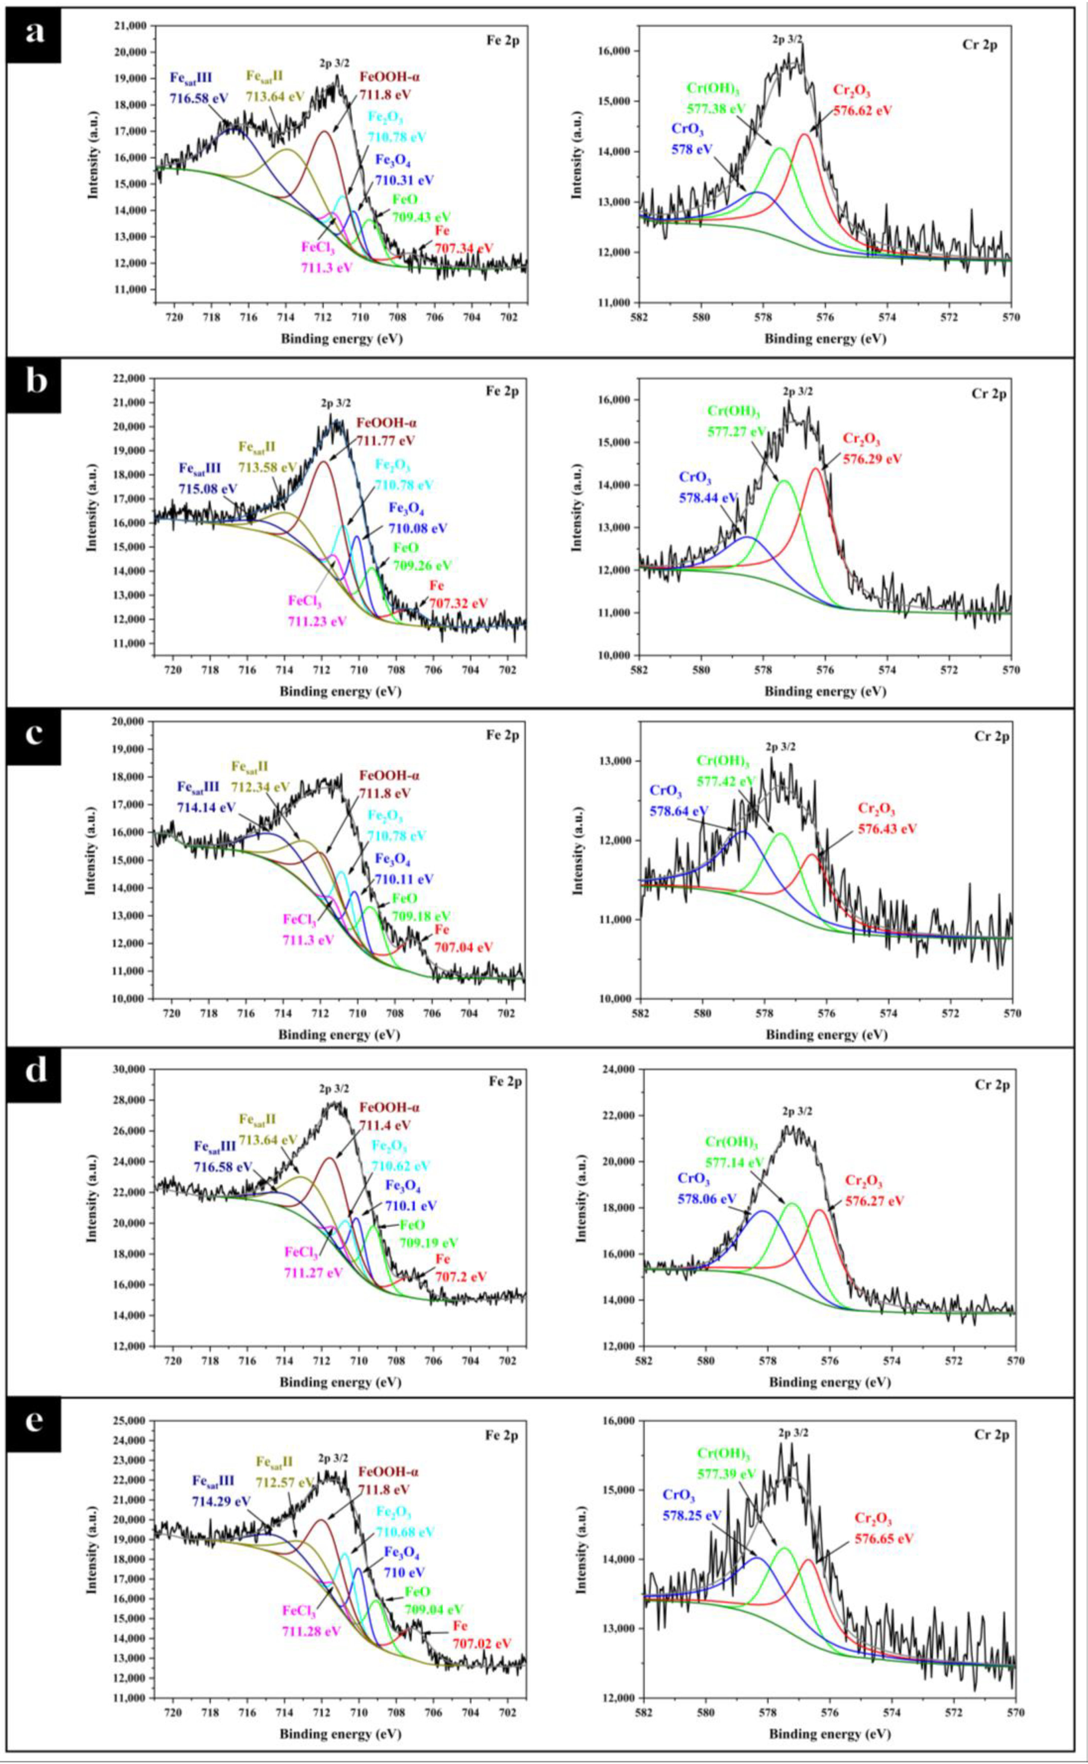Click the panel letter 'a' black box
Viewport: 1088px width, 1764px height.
pyautogui.click(x=34, y=34)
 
